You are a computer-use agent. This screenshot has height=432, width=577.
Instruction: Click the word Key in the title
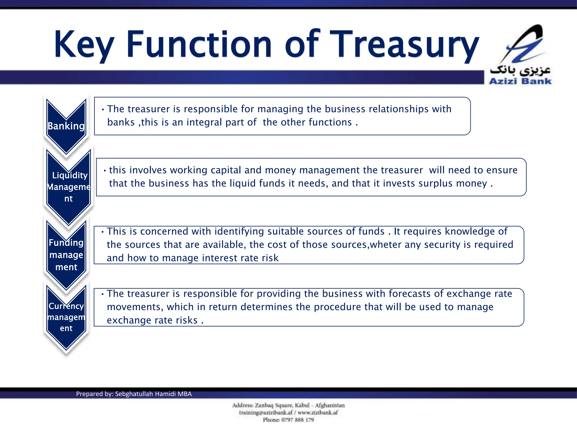[84, 45]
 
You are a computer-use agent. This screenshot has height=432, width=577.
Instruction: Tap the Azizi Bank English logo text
[520, 81]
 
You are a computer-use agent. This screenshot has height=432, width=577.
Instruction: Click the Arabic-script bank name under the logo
[520, 70]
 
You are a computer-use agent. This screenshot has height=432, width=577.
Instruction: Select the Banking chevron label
[66, 126]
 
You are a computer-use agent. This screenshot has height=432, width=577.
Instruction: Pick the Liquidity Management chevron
[68, 187]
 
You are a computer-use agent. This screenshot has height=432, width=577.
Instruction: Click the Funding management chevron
[66, 255]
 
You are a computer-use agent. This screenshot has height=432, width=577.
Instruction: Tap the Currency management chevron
[66, 317]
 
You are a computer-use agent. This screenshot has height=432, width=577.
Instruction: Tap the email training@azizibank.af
[266, 413]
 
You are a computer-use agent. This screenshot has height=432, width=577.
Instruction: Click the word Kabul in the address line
[302, 405]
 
